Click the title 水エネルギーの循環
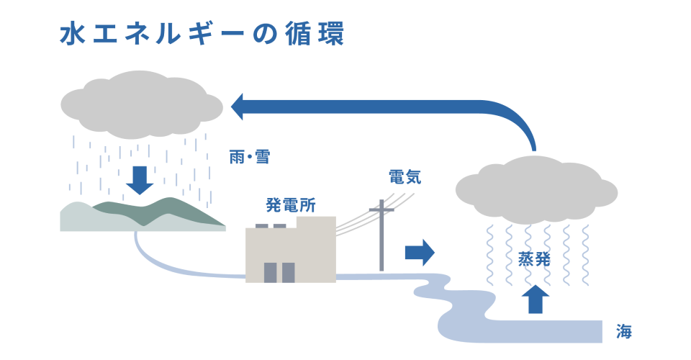point(202,34)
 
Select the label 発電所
point(291,206)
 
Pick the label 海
point(624,332)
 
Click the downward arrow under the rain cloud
point(140,181)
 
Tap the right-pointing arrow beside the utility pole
point(420,252)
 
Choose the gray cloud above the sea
point(536,189)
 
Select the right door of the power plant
point(288,272)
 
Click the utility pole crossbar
point(381,210)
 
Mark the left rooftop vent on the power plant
point(261,226)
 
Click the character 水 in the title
point(71,34)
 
